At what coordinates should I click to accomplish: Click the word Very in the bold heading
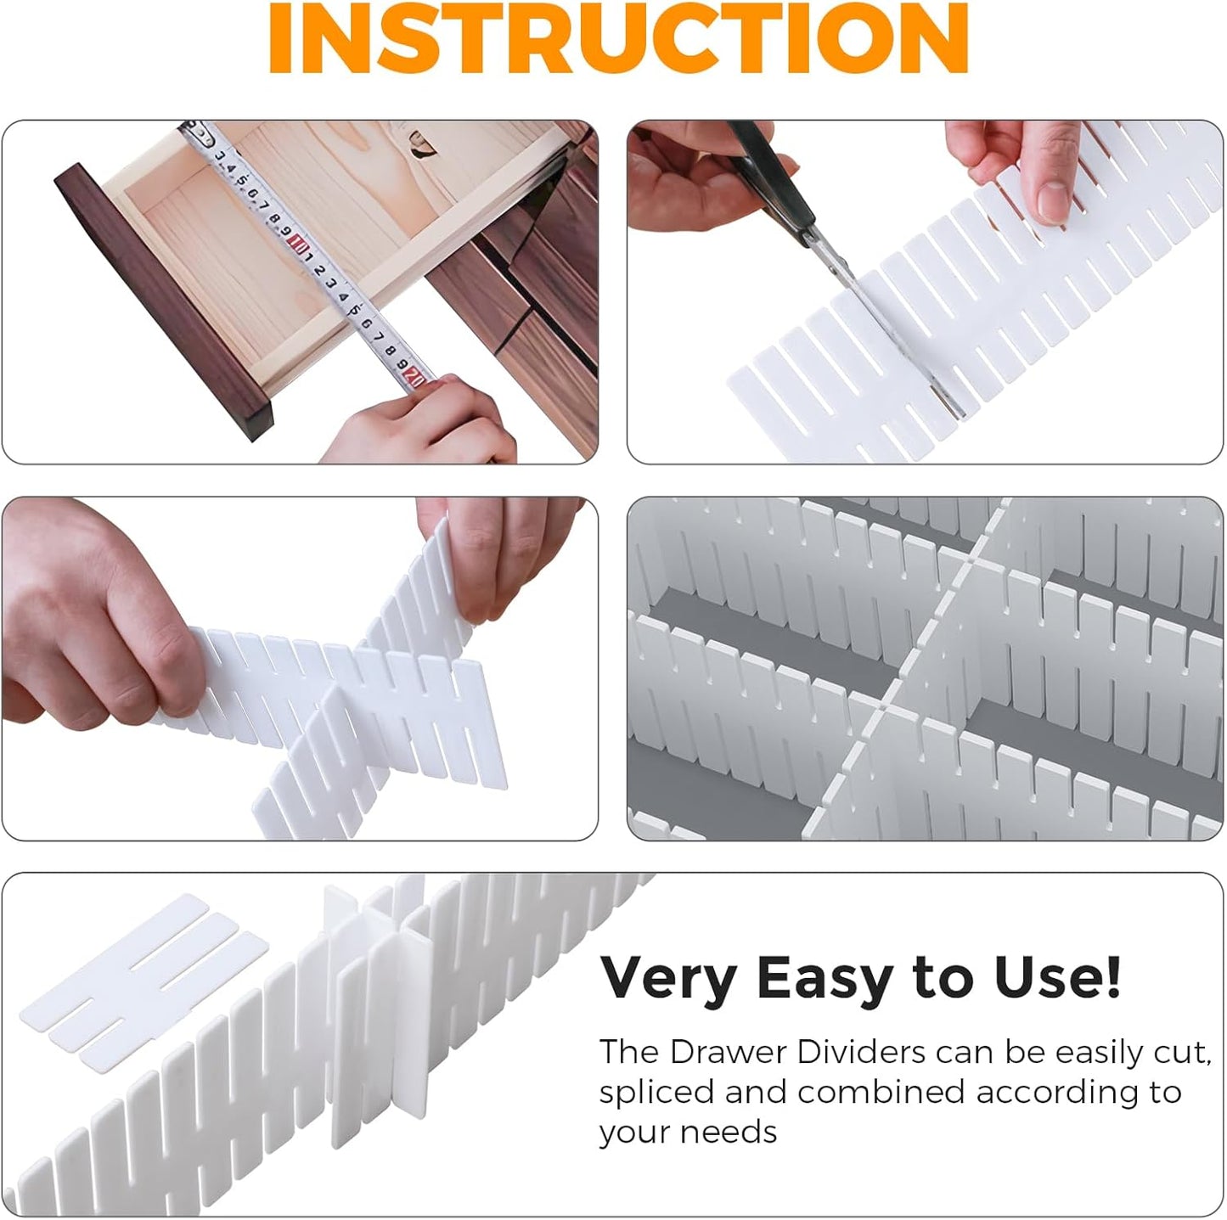[x=667, y=979]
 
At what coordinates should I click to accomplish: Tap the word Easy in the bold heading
[x=823, y=979]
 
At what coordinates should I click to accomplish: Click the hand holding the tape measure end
[x=425, y=420]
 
